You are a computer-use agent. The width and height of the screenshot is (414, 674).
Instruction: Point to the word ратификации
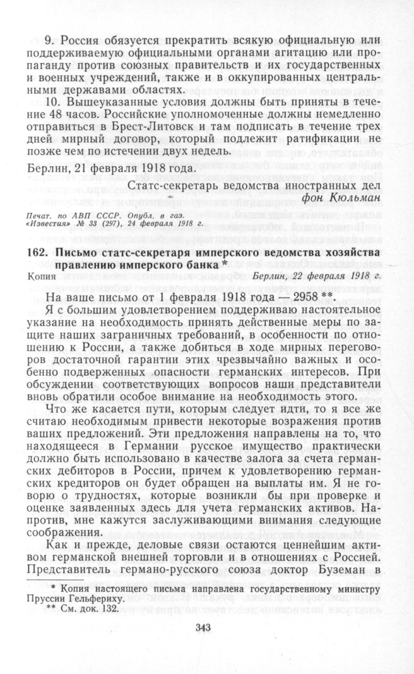[x=329, y=138]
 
